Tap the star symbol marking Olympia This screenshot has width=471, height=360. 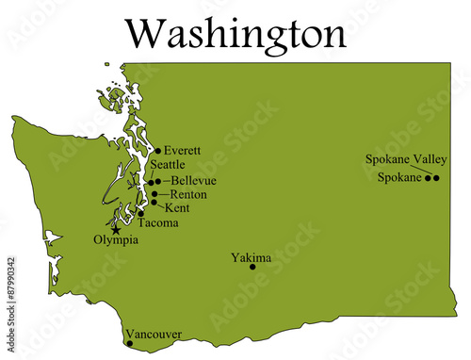pos(116,229)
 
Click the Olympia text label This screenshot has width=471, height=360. pos(116,241)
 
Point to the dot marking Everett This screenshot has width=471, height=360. pos(157,150)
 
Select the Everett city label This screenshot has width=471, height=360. pos(182,150)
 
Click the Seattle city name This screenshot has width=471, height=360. pos(167,165)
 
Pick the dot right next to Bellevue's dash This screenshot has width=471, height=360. pos(158,181)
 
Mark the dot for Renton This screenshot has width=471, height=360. pos(154,194)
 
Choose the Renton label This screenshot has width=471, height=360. pos(188,194)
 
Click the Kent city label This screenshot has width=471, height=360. pos(176,207)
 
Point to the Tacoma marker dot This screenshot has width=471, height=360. pos(141,214)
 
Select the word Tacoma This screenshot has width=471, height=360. pos(157,223)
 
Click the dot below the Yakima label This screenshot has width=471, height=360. pos(252,267)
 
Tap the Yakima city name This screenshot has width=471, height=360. pos(251,256)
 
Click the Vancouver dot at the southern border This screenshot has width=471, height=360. pos(129,343)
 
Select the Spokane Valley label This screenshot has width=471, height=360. pos(406,159)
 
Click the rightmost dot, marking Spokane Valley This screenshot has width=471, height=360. pos(436,177)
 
